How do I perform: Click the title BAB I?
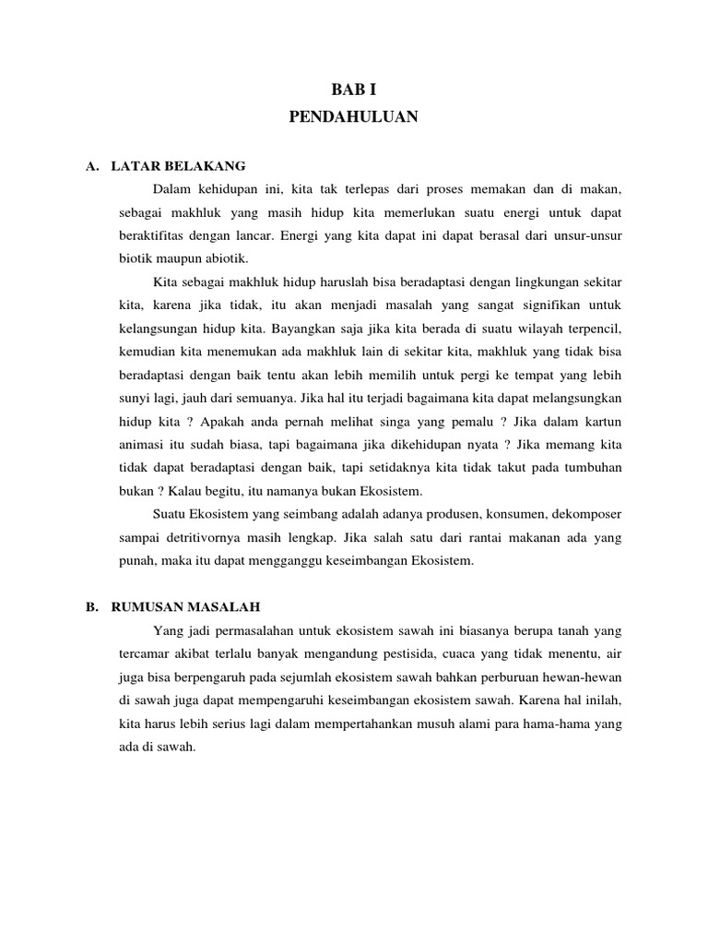coord(354,90)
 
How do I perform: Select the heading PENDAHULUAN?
coord(354,117)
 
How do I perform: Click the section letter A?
coord(90,166)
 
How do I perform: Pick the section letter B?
coord(90,606)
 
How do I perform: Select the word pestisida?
coord(446,655)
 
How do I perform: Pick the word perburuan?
coord(515,678)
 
